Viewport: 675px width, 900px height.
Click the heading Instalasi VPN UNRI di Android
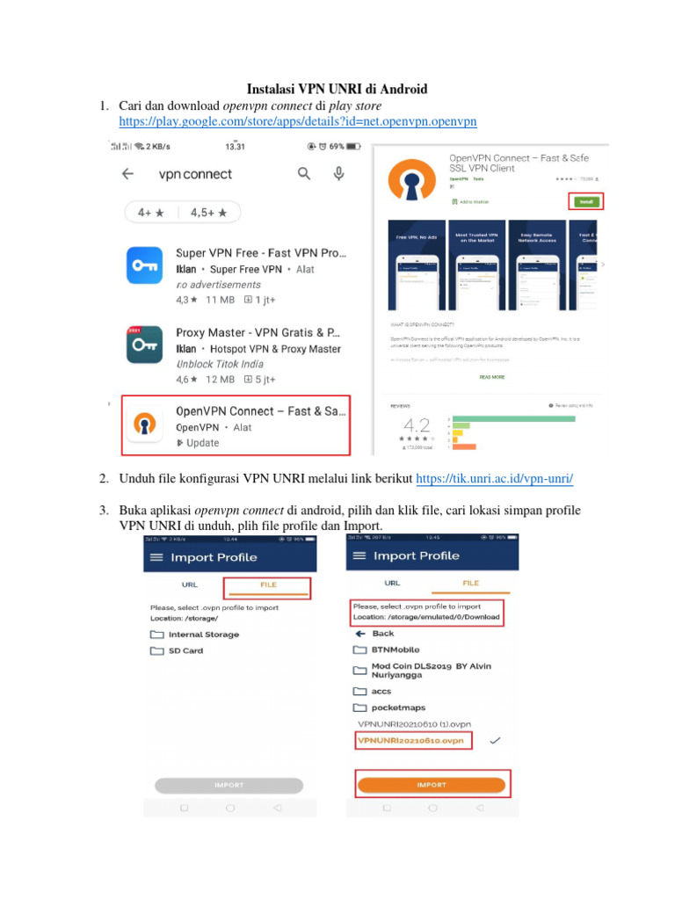click(337, 89)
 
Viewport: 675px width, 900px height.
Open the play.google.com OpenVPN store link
click(297, 121)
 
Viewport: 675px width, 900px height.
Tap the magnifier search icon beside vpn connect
click(304, 174)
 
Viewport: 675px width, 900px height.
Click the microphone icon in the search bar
click(338, 174)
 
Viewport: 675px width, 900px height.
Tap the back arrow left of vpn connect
click(127, 174)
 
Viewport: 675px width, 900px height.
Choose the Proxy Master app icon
click(144, 345)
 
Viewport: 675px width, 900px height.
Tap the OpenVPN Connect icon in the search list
click(144, 424)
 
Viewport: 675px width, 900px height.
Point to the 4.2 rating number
click(417, 426)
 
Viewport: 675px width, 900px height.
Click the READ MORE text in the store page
click(491, 377)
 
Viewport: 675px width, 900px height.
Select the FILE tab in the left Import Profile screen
click(267, 584)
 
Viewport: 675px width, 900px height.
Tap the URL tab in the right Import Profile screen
click(392, 583)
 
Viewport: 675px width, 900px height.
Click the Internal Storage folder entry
click(203, 634)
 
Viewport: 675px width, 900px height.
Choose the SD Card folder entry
click(185, 651)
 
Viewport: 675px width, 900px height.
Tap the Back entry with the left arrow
click(382, 633)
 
